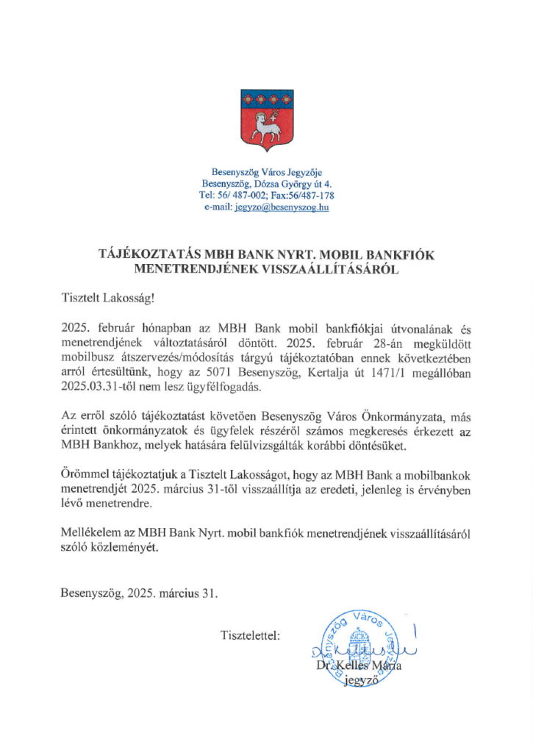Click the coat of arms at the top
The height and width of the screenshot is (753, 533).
(x=266, y=119)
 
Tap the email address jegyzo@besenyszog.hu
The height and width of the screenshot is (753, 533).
(x=281, y=208)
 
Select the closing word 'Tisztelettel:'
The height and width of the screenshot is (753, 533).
(x=250, y=635)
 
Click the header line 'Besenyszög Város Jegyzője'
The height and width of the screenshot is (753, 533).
(x=266, y=173)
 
